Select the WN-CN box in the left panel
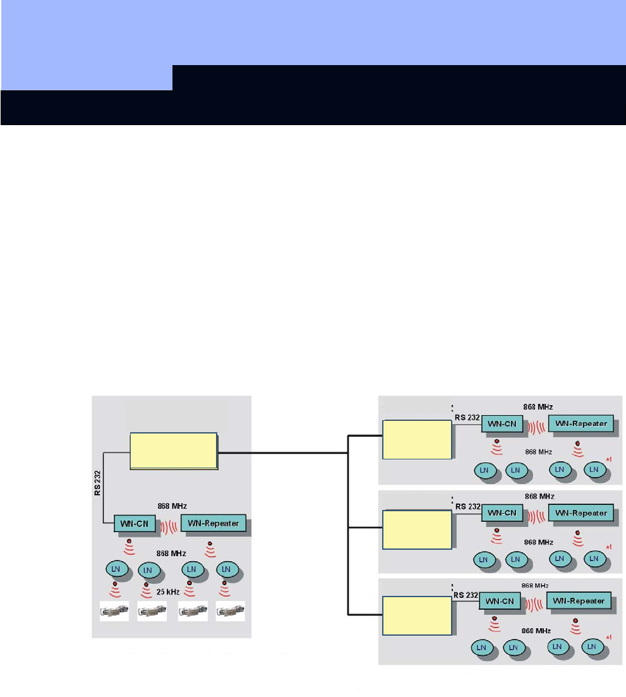click(135, 523)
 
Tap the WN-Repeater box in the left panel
click(213, 523)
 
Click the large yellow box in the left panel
click(174, 451)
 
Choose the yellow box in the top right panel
click(416, 439)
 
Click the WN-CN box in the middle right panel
click(502, 513)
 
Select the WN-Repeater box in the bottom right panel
click(579, 601)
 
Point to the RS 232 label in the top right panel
click(467, 418)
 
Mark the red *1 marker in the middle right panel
click(609, 547)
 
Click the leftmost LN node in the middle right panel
click(483, 559)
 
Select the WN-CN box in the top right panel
click(502, 425)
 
